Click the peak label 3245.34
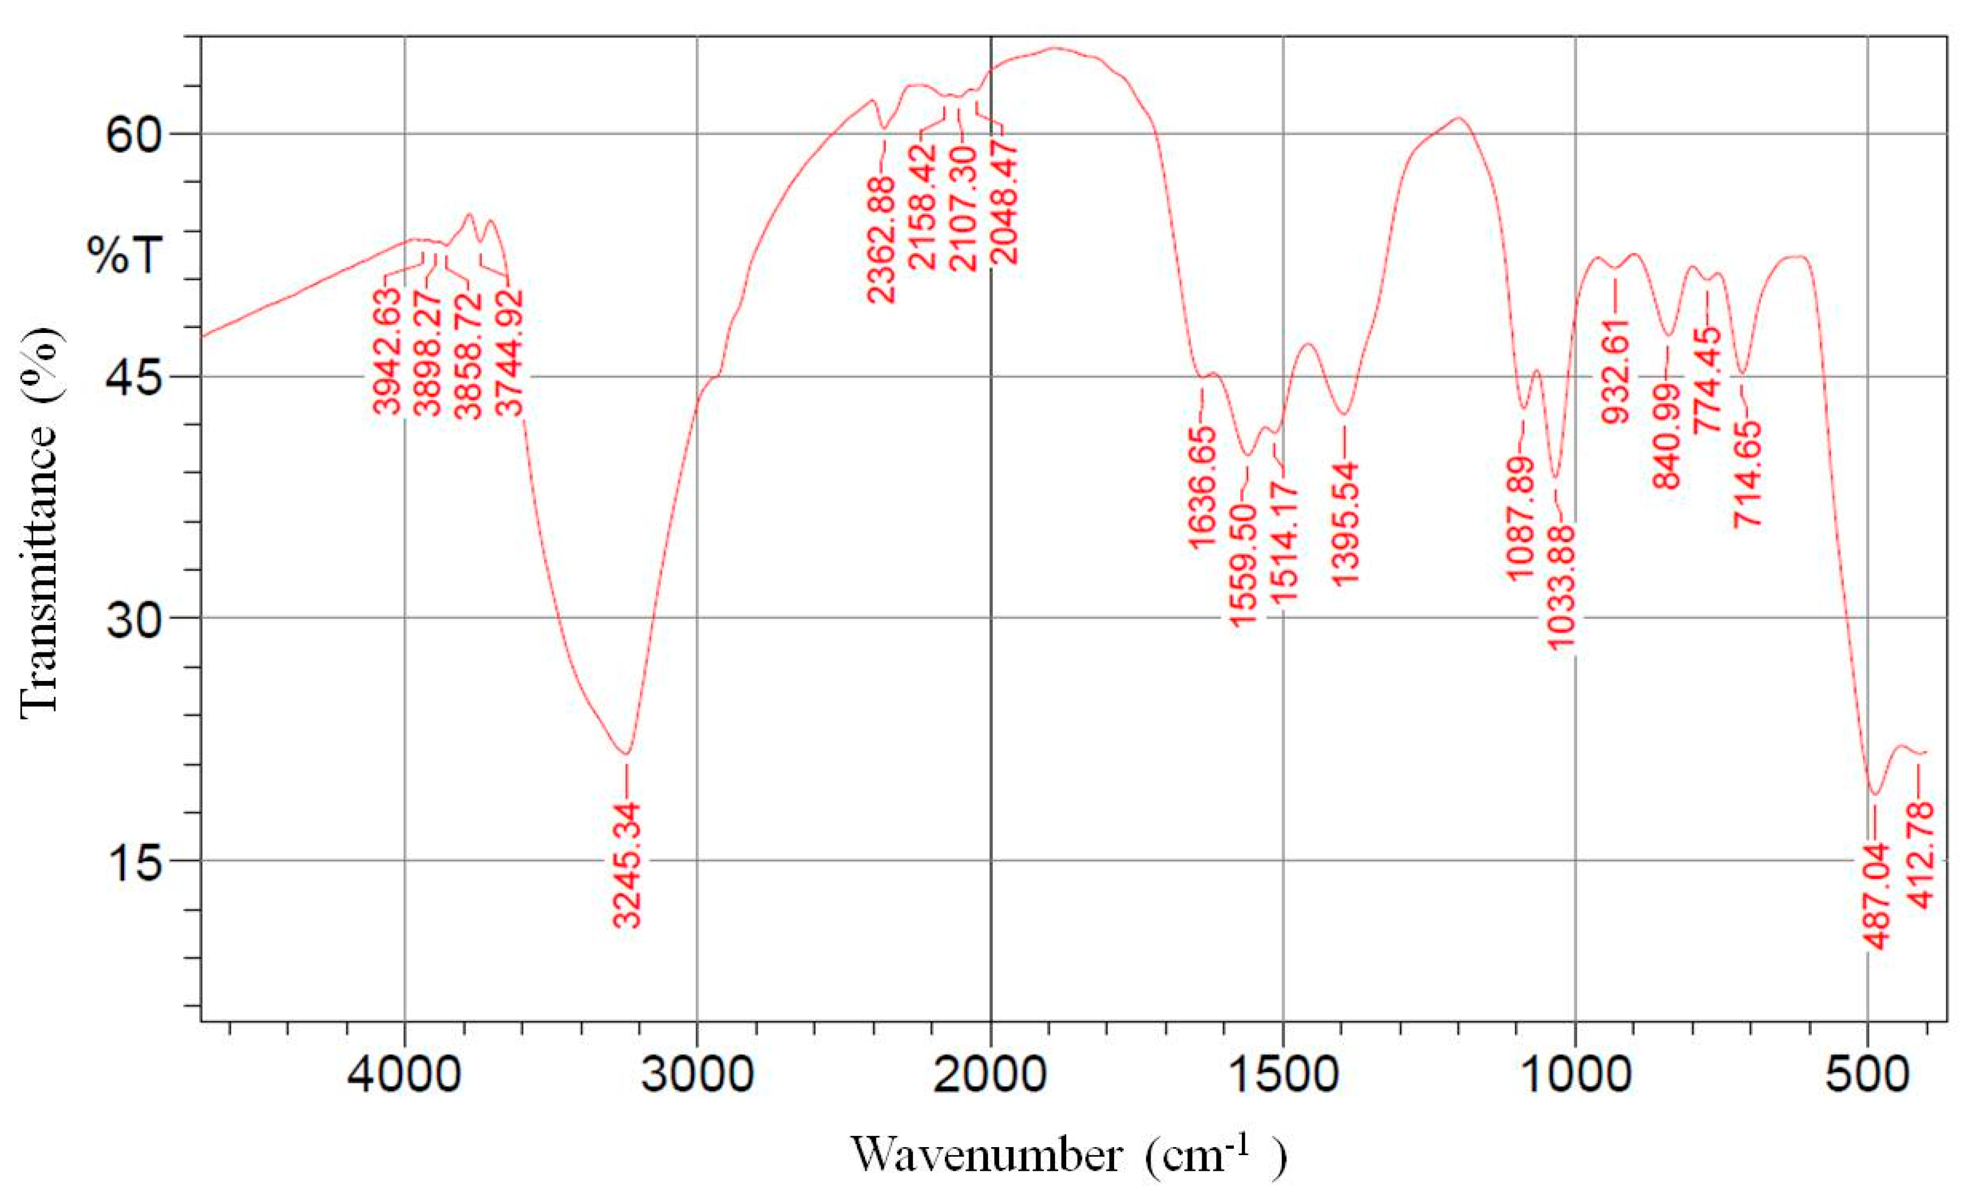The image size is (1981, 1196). point(627,864)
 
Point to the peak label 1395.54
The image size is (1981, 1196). point(1345,523)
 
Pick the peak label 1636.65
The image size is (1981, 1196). point(1203,488)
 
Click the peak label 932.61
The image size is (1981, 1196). point(1616,369)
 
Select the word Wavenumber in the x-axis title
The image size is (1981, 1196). point(986,1156)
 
